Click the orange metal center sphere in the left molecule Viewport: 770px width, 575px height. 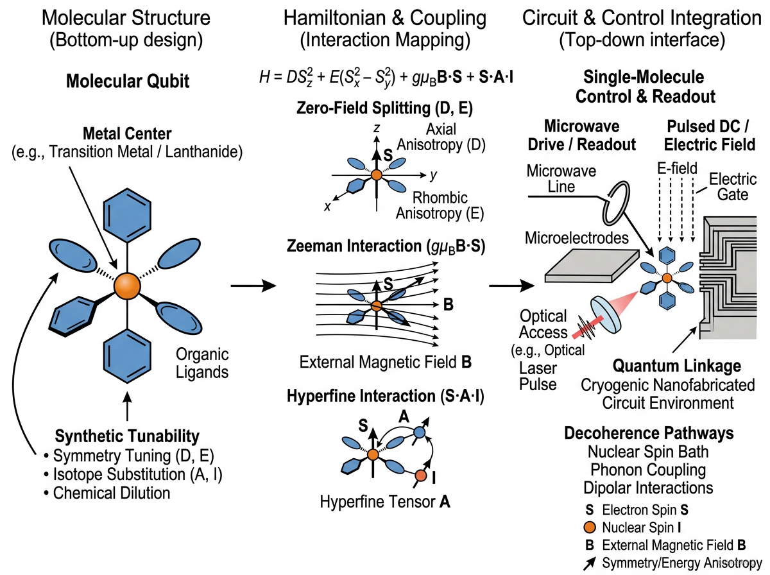pyautogui.click(x=126, y=284)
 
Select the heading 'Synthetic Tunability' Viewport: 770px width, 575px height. pyautogui.click(x=127, y=437)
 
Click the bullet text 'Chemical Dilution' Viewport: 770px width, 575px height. pyautogui.click(x=112, y=493)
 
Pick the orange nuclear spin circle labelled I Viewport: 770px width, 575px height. pyautogui.click(x=421, y=476)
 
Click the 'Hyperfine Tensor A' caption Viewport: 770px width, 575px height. pyautogui.click(x=385, y=502)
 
